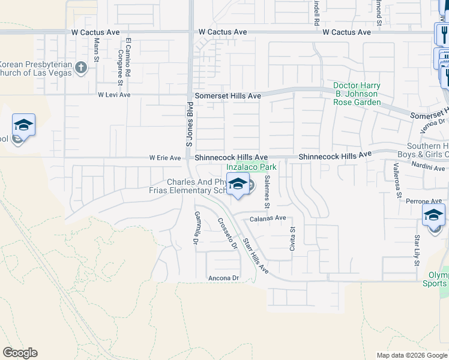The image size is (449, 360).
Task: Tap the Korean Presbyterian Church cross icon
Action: point(82,68)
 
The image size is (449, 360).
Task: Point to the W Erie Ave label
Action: point(165,158)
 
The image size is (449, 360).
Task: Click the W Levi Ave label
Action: point(114,95)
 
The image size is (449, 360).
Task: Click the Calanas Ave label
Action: point(268,218)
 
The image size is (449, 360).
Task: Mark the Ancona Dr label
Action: point(223,278)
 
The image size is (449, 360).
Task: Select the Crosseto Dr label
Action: point(226,233)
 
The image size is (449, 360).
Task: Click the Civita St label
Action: point(293,238)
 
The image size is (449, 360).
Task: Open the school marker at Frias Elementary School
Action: point(238,185)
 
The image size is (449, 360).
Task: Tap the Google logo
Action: point(20,353)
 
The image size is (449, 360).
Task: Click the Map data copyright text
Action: point(411,355)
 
